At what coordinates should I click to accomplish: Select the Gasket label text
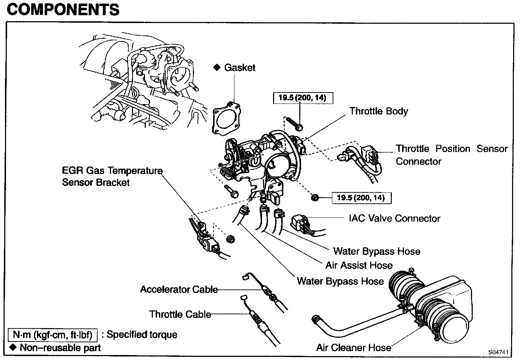[x=239, y=67]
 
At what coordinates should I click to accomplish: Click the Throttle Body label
[x=378, y=111]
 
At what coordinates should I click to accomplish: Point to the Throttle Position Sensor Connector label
[x=451, y=155]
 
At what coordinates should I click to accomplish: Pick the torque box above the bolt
[x=302, y=98]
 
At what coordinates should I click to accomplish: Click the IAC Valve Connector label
[x=394, y=218]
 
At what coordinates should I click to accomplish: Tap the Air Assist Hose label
[x=359, y=265]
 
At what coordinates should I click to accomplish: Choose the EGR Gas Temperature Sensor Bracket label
[x=112, y=176]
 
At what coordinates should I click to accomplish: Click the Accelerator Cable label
[x=179, y=289]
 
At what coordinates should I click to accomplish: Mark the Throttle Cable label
[x=180, y=314]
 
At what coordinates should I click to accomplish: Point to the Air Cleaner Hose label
[x=354, y=347]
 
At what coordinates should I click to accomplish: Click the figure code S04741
[x=498, y=352]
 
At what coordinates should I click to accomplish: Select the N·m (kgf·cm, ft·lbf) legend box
[x=52, y=334]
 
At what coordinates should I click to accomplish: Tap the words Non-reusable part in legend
[x=60, y=348]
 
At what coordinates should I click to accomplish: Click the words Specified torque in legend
[x=142, y=334]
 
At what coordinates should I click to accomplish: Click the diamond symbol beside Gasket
[x=217, y=67]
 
